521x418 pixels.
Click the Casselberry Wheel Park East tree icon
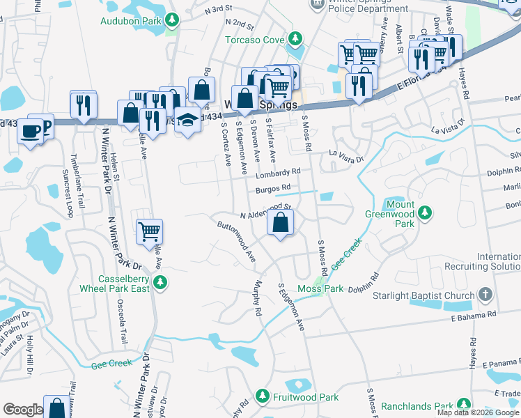(x=161, y=282)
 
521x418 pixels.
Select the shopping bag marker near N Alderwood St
(x=280, y=223)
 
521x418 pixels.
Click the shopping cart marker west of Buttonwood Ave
(x=150, y=231)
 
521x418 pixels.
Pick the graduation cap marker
(x=187, y=121)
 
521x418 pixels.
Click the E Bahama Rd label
(x=474, y=316)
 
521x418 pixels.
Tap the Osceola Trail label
(x=125, y=324)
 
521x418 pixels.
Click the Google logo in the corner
(x=23, y=410)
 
